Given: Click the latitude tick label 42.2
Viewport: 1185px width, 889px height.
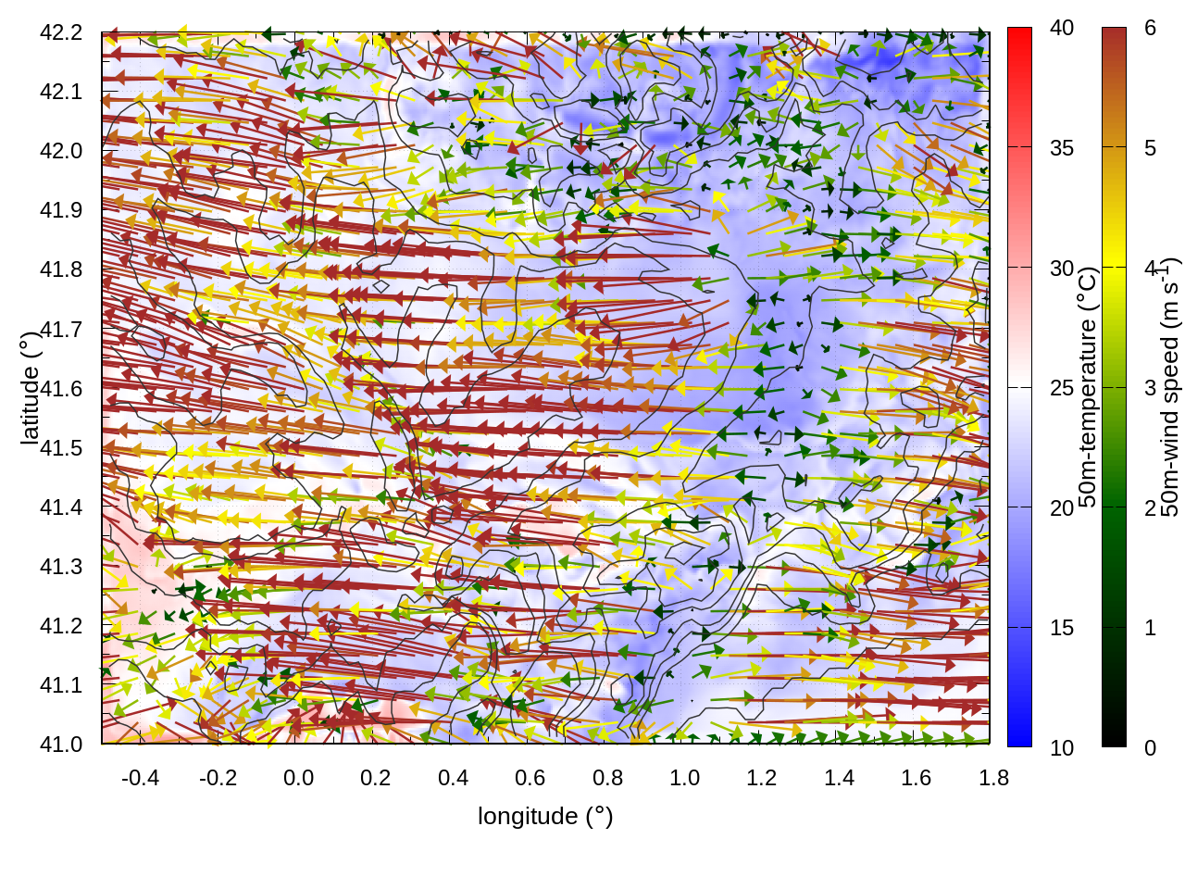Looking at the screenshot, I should pyautogui.click(x=61, y=32).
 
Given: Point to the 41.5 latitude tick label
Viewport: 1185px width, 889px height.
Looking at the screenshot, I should pyautogui.click(x=61, y=448).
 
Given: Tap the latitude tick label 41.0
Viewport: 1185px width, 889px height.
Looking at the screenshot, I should pyautogui.click(x=61, y=745).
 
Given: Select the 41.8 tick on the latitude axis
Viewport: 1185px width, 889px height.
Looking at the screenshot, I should pyautogui.click(x=61, y=269).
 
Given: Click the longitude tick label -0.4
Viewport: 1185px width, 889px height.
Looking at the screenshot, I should pyautogui.click(x=140, y=778).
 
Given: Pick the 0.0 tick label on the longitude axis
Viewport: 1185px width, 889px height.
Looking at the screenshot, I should pyautogui.click(x=298, y=778).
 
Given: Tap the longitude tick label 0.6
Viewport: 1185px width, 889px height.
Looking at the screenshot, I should pyautogui.click(x=530, y=778).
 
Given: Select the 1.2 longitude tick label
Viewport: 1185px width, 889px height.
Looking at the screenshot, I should pyautogui.click(x=762, y=778).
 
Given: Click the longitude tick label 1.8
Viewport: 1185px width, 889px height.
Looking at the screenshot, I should pyautogui.click(x=994, y=778).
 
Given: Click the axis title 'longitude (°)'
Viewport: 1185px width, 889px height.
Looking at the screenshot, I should pyautogui.click(x=545, y=816).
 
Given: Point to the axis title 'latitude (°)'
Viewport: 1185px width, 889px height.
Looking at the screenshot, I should pyautogui.click(x=30, y=388).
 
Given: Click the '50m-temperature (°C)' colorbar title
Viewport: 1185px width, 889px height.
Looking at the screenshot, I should pyautogui.click(x=1088, y=387).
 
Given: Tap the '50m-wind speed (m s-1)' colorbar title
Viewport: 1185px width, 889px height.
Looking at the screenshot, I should pyautogui.click(x=1170, y=387).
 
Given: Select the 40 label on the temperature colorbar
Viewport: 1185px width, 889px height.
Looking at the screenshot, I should pyautogui.click(x=1062, y=28).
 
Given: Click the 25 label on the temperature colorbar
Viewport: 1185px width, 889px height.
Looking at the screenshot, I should pyautogui.click(x=1062, y=387).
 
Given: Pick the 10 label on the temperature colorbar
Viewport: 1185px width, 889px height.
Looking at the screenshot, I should pyautogui.click(x=1062, y=747).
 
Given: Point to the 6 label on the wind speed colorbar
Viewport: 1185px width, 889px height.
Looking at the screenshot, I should pyautogui.click(x=1150, y=28).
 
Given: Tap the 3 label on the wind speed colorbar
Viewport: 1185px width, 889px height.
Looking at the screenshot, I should pyautogui.click(x=1150, y=387).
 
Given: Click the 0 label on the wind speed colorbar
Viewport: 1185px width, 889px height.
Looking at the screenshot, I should pyautogui.click(x=1150, y=747).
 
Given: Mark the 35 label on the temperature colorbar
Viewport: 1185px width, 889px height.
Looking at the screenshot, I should pyautogui.click(x=1062, y=148).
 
